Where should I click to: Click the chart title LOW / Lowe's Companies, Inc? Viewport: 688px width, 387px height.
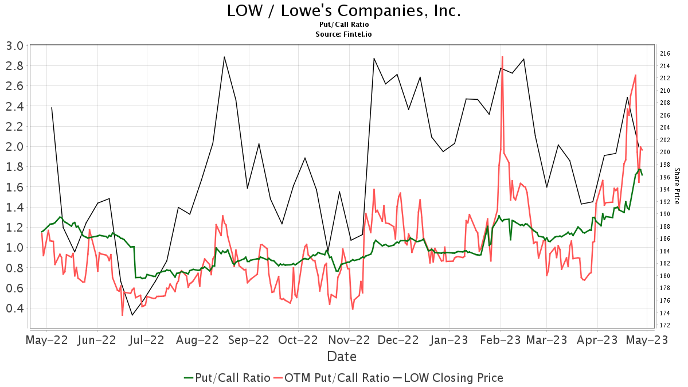343,11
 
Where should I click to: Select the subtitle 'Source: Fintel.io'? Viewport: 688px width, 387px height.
343,34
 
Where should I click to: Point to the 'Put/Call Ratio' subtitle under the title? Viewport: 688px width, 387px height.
343,25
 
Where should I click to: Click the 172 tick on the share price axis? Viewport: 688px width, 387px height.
665,326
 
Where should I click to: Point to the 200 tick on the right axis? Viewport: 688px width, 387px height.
665,153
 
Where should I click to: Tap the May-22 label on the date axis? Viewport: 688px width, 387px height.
47,340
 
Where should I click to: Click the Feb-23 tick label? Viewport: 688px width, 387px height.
501,340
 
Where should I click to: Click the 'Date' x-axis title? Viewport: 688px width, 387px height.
342,357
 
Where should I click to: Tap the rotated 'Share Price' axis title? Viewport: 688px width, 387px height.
677,186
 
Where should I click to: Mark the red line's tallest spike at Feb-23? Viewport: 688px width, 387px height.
502,57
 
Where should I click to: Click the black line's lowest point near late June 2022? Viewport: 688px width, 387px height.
132,315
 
